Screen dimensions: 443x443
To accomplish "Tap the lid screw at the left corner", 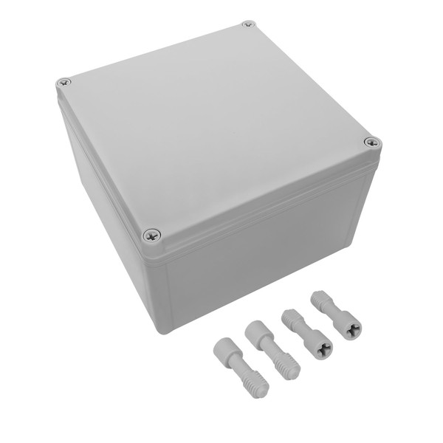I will (64, 82).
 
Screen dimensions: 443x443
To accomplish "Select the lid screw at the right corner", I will (371, 142).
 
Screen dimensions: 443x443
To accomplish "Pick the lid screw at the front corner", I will (151, 235).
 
